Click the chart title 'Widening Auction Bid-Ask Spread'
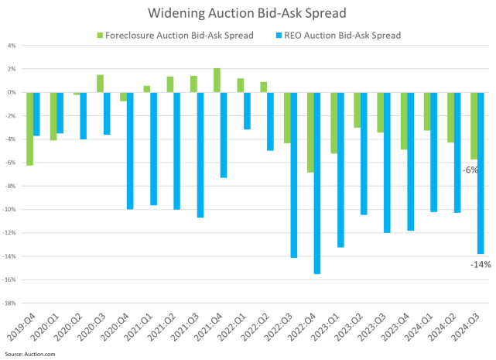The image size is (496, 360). coord(248,14)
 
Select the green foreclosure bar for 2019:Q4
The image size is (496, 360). coord(30,129)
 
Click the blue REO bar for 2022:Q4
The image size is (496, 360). coord(317,183)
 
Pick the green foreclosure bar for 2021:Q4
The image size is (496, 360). coord(217,81)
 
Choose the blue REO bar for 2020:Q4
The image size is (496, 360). coord(130,151)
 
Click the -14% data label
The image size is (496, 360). coord(480,265)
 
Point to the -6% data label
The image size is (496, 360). coord(469,170)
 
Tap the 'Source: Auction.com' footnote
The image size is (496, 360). coord(29,353)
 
